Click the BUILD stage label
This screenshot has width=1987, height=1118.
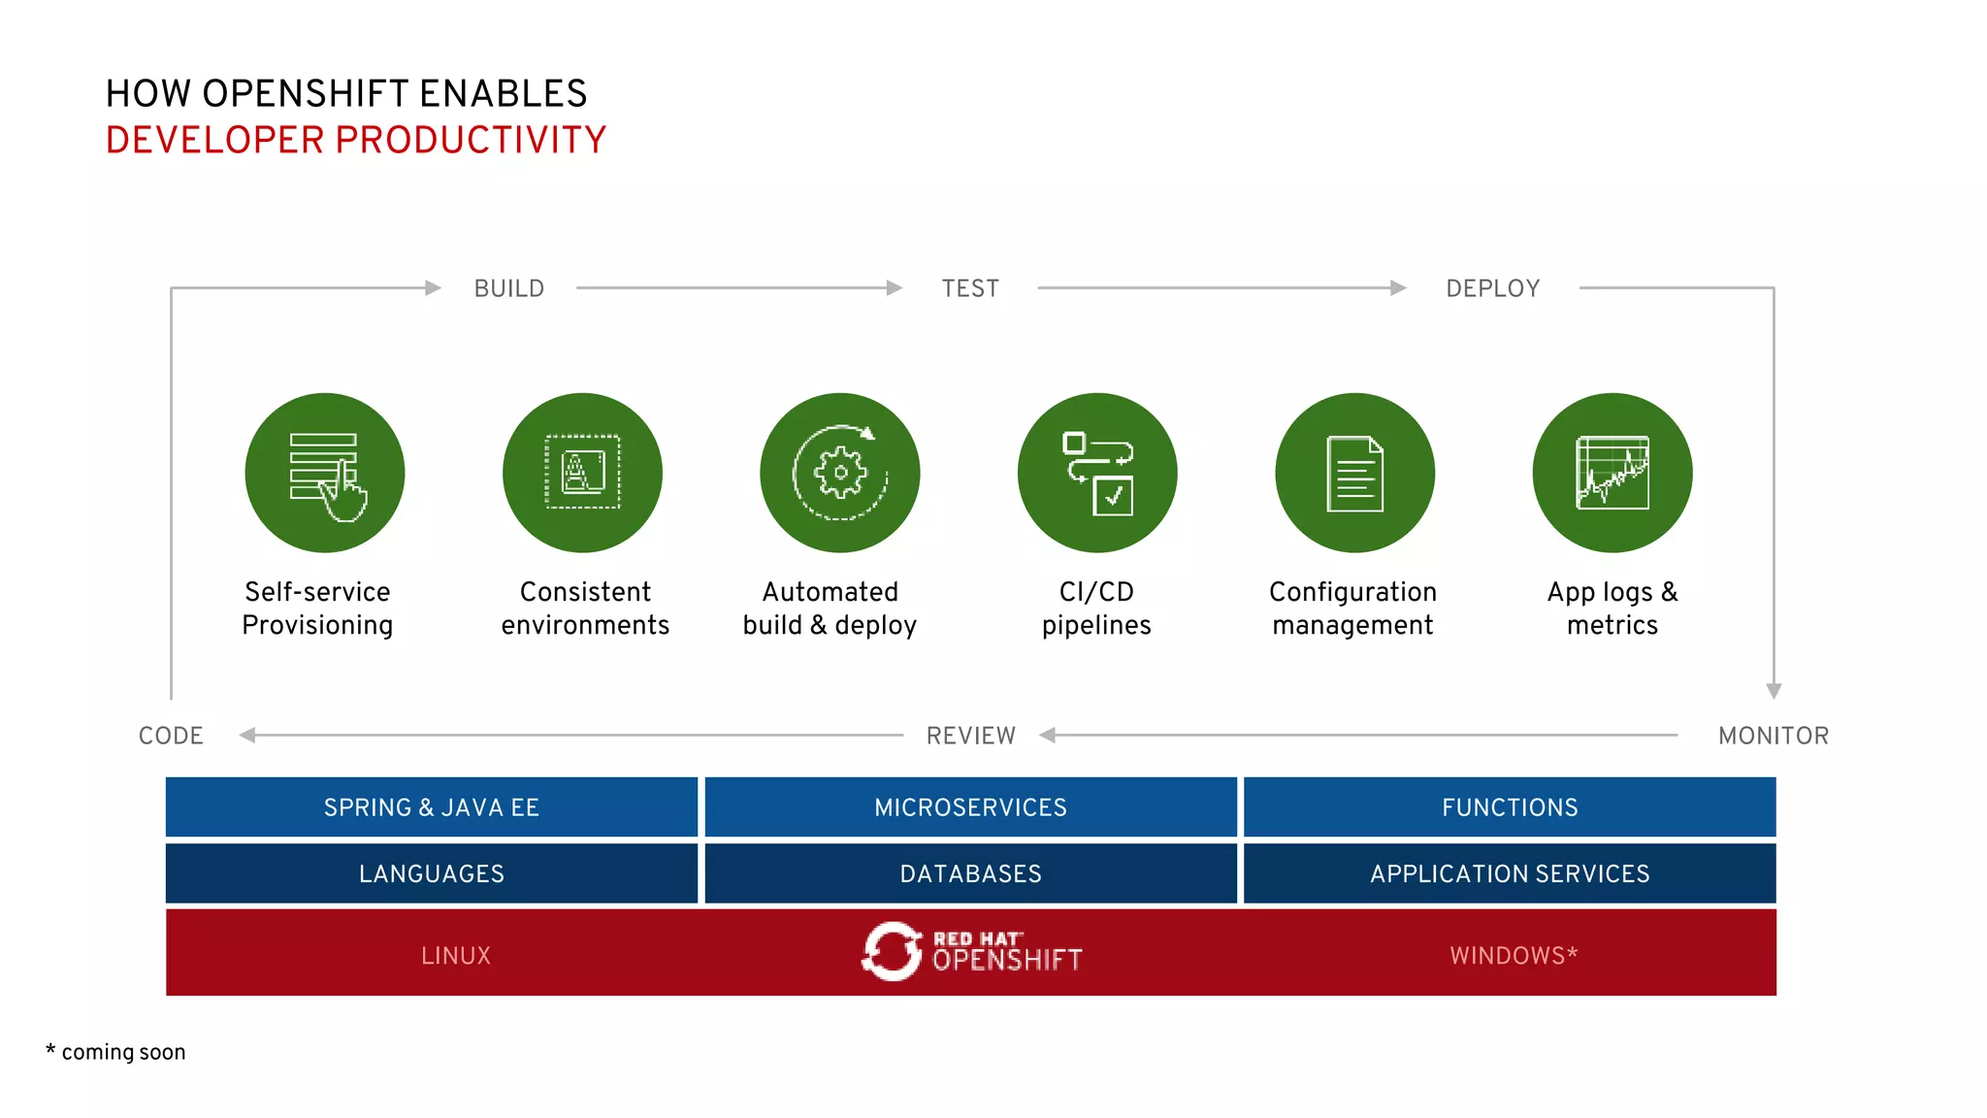click(x=508, y=288)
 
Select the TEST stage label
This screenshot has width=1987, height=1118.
click(x=970, y=288)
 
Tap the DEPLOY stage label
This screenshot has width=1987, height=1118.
click(x=1492, y=288)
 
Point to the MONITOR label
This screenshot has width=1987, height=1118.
click(x=1773, y=736)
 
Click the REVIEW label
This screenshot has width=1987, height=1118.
click(x=970, y=736)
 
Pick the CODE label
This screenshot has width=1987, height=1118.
click(x=171, y=736)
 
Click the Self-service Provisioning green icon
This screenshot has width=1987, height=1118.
click(x=325, y=474)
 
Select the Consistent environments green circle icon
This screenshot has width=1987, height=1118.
click(x=582, y=474)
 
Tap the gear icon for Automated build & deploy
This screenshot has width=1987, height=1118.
click(x=840, y=474)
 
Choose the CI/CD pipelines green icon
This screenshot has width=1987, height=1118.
click(x=1097, y=474)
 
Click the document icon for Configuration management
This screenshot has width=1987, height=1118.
click(x=1354, y=474)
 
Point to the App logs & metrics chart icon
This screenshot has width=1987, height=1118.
click(x=1612, y=474)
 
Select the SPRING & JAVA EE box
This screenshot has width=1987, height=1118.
click(x=432, y=807)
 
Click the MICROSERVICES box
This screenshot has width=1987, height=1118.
click(x=970, y=807)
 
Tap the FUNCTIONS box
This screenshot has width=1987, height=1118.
click(x=1510, y=807)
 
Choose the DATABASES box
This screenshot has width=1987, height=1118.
click(x=970, y=873)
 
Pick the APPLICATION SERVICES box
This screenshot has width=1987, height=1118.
click(x=1510, y=873)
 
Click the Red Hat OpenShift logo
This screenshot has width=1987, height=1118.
click(x=971, y=952)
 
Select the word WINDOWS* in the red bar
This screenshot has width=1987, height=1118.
click(x=1514, y=956)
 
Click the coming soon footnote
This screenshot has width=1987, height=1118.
click(x=116, y=1052)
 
